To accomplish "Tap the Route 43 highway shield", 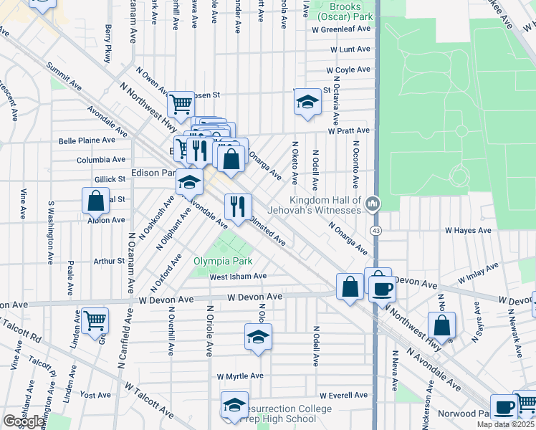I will tap(375, 231).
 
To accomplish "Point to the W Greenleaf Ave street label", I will tap(340, 29).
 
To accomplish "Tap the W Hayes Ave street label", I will tap(468, 231).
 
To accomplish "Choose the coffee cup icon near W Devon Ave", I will tap(382, 288).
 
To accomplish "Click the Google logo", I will tap(23, 421).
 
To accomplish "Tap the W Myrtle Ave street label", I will tap(240, 376).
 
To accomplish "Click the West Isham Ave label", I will tap(238, 277).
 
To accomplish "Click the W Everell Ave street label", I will tap(343, 395).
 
